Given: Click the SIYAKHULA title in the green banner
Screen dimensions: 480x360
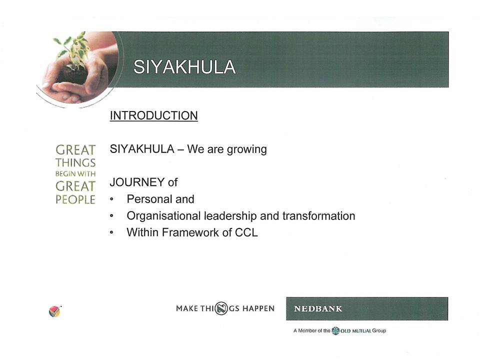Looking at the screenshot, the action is (x=184, y=66).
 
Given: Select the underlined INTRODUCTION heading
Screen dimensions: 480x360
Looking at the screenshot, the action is (x=153, y=115).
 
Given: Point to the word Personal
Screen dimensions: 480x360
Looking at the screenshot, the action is (x=149, y=199).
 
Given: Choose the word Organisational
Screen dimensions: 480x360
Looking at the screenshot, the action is (x=163, y=216).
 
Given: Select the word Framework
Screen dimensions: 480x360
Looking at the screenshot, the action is (x=190, y=232).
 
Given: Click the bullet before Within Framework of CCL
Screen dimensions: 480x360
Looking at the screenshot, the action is (x=111, y=232).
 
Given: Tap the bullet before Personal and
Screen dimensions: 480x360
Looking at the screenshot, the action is (x=111, y=199).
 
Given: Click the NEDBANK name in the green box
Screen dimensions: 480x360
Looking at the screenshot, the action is (x=318, y=308).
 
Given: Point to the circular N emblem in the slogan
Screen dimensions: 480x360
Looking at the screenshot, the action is (x=221, y=308).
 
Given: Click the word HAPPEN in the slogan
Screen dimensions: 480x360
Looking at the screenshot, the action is (x=258, y=308).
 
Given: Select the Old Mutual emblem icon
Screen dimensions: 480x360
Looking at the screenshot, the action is (x=335, y=330).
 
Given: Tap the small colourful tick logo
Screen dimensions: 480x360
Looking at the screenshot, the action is (x=55, y=311).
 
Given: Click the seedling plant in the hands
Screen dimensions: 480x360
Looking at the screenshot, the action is (x=73, y=50).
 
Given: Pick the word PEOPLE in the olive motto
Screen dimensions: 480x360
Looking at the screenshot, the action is (x=75, y=199).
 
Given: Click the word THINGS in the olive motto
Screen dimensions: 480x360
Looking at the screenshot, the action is (x=75, y=162).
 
